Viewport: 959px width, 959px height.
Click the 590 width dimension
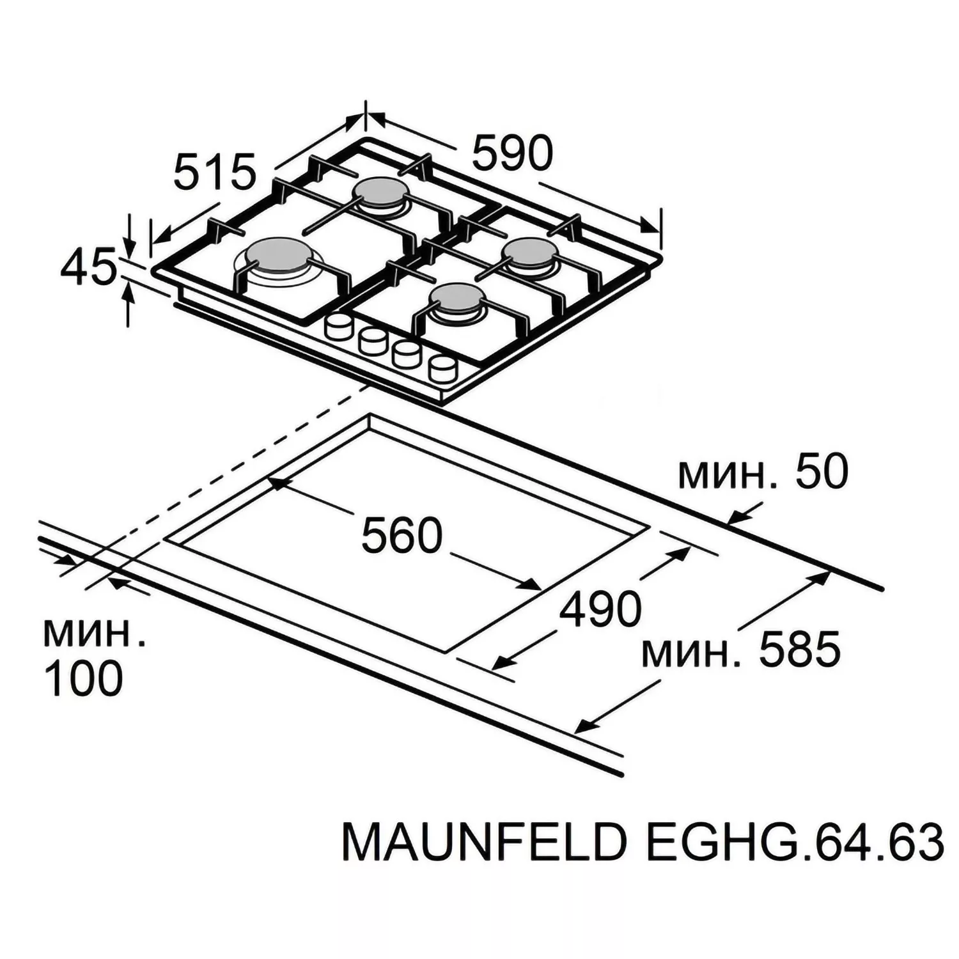(512, 153)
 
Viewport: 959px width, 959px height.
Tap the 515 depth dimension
(214, 171)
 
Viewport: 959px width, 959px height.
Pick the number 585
(799, 650)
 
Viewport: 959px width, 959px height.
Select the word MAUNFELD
(483, 842)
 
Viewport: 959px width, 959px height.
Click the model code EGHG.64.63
(795, 842)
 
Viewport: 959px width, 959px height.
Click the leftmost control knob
(338, 327)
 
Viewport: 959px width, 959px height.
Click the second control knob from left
(372, 341)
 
